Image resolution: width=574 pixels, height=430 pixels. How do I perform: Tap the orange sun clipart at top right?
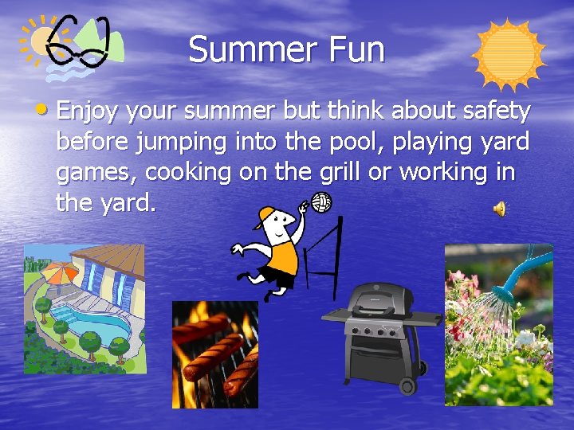tap(508, 55)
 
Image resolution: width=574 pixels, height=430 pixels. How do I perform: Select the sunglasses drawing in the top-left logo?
tap(77, 43)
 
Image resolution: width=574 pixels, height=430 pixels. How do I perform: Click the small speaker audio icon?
tap(500, 209)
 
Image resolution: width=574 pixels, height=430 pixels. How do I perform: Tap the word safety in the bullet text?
tap(498, 112)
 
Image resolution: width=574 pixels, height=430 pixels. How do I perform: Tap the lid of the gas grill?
tap(379, 297)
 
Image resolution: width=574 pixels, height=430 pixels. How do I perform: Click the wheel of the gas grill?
tap(409, 385)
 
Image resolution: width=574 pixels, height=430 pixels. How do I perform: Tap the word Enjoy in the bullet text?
tap(87, 112)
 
